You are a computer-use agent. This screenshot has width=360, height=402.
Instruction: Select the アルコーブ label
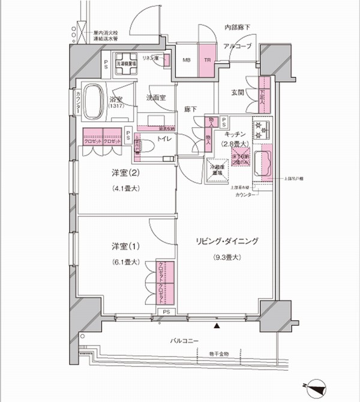point(238,46)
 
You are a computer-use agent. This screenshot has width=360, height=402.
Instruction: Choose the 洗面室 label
point(155,97)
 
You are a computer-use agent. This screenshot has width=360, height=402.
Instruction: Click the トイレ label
point(164,139)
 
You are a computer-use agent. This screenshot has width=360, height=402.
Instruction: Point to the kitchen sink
point(263,163)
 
